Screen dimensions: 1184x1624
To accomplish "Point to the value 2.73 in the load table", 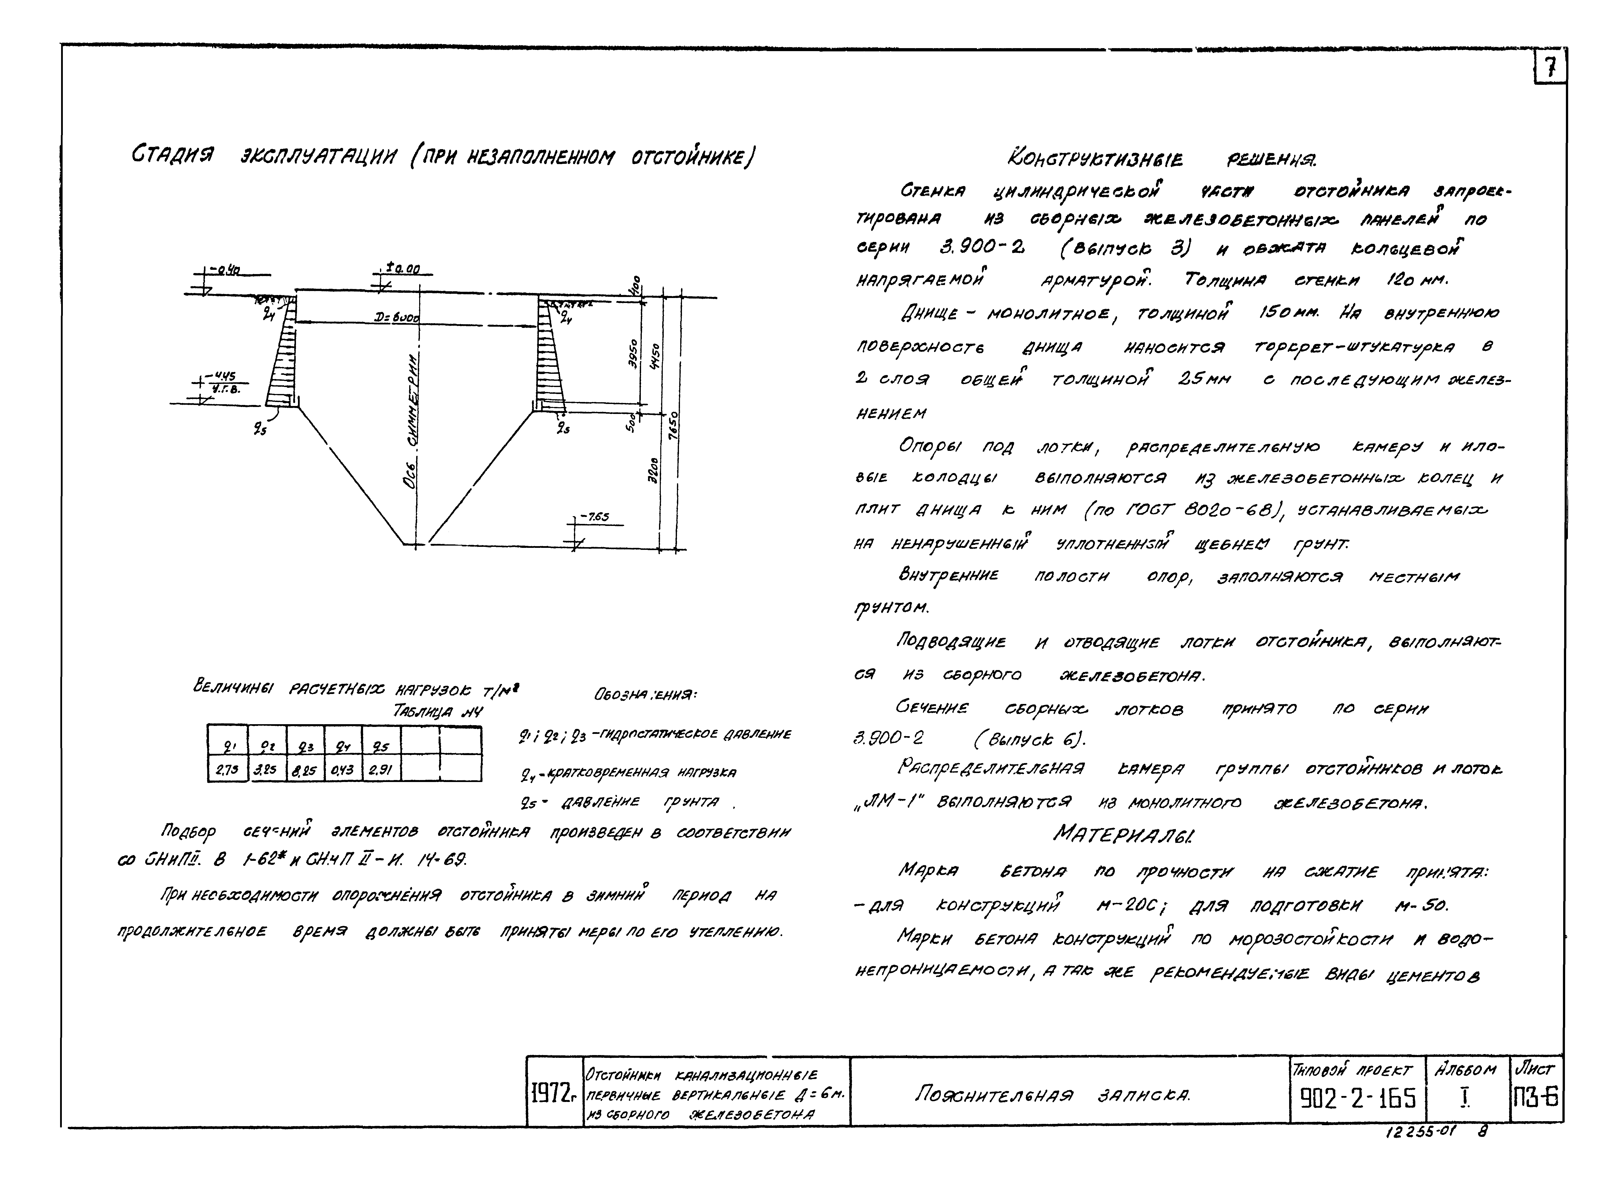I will [227, 771].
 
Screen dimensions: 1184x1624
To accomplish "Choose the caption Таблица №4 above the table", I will [437, 711].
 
